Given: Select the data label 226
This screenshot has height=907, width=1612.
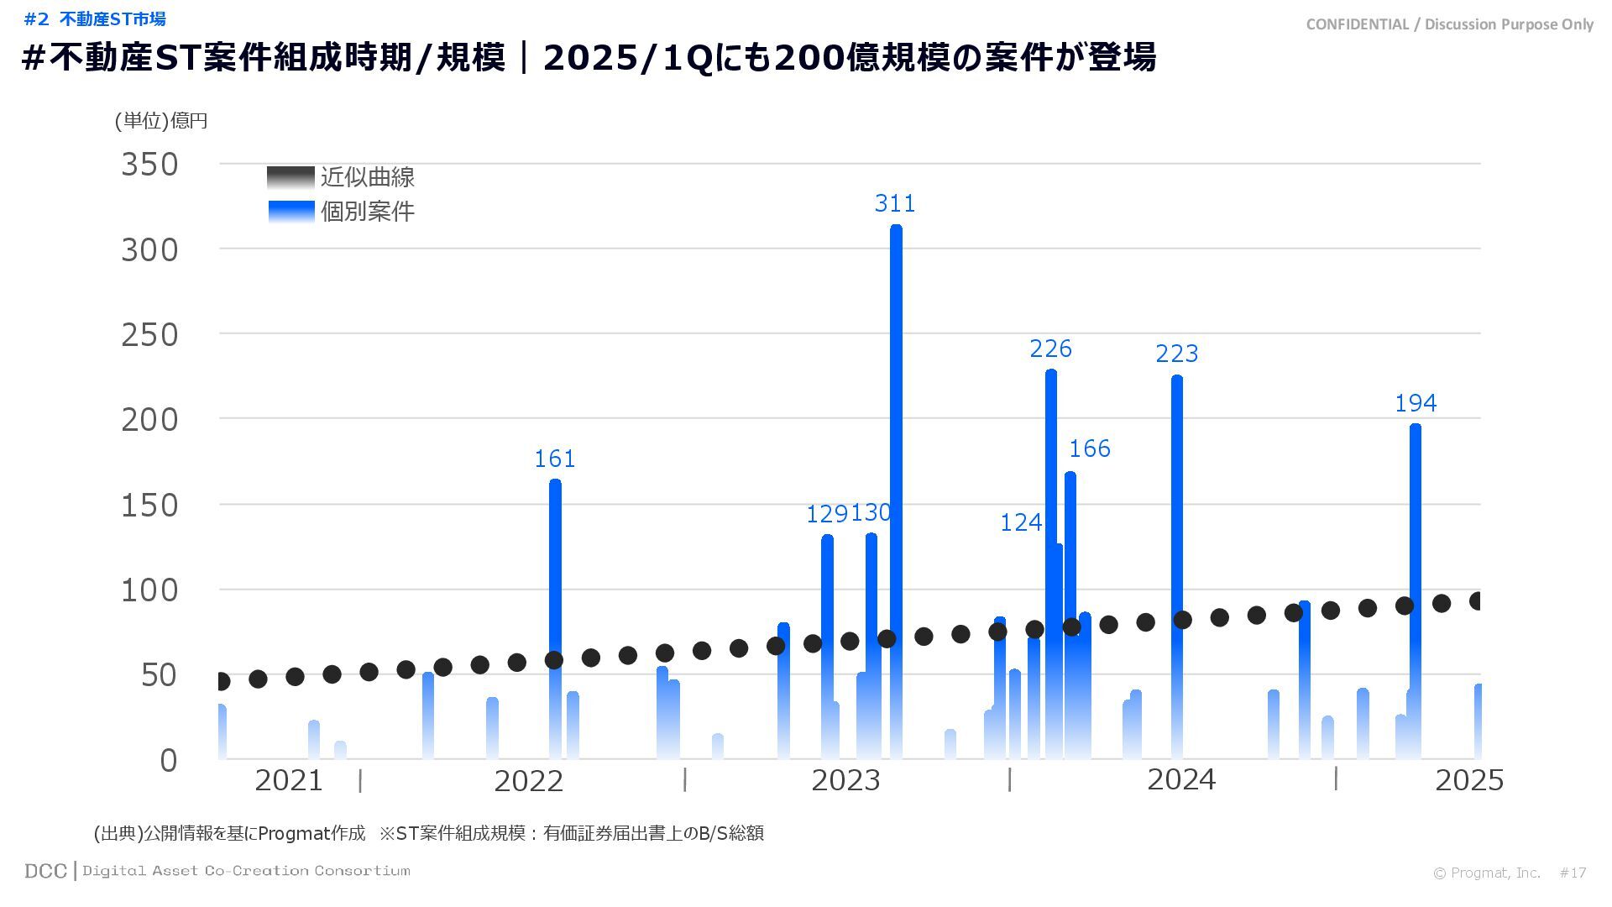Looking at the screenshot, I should [x=1050, y=349].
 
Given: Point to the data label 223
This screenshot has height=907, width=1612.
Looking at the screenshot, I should [x=1176, y=354].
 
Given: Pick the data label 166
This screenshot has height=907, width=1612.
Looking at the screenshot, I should [x=1089, y=448].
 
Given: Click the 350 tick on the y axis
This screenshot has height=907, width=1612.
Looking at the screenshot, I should [x=149, y=165].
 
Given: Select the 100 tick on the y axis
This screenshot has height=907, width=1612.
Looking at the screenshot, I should [x=149, y=590].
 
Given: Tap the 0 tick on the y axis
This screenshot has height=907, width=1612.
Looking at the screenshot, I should [x=168, y=761].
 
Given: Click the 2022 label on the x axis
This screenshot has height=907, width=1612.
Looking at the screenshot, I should [x=528, y=781].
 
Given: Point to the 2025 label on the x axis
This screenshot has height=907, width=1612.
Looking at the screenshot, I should [x=1468, y=781].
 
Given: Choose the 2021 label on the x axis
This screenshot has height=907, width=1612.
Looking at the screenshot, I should [x=288, y=781].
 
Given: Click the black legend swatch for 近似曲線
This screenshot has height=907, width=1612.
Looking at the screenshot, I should [x=290, y=177].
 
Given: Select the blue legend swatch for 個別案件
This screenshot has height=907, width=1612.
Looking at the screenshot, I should [x=290, y=211].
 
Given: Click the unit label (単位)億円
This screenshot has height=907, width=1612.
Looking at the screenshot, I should [x=161, y=121].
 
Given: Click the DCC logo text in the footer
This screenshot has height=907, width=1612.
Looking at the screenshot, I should [x=45, y=872].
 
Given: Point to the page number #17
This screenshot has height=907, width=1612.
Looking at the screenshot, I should [x=1573, y=873].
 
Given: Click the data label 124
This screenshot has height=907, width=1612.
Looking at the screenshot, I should [x=1020, y=522].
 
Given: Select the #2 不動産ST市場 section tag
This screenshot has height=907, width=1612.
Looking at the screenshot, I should [x=95, y=18].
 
